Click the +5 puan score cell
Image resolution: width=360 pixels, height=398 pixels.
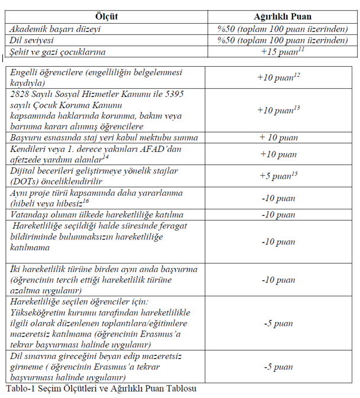(x=276, y=176)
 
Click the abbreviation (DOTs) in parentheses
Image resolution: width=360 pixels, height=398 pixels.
(x=22, y=181)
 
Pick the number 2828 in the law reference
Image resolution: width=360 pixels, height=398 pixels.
(x=21, y=93)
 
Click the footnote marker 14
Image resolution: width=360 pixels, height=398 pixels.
(x=106, y=157)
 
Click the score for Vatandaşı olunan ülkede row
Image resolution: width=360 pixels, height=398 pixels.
(x=278, y=215)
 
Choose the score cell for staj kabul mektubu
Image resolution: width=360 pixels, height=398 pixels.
(x=278, y=138)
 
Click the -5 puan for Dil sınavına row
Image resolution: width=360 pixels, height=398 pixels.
(x=278, y=367)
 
